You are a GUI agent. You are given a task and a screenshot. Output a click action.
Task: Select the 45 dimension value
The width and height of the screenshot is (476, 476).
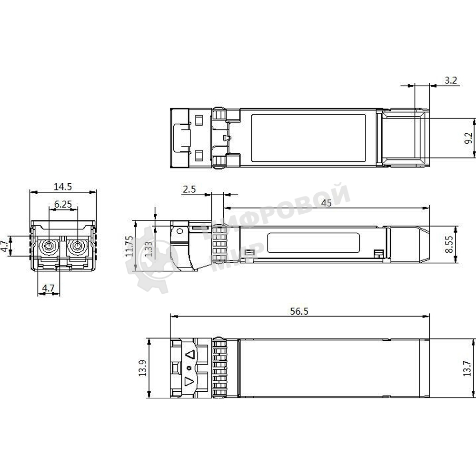click(327, 203)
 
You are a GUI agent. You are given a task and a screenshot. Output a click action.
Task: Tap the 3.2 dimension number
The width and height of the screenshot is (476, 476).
click(450, 80)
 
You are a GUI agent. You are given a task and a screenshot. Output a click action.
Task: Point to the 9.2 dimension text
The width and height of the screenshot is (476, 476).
click(468, 139)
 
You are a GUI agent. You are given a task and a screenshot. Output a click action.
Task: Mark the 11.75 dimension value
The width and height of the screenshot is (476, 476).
click(129, 246)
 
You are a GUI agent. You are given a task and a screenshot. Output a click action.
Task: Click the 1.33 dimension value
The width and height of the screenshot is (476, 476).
click(149, 249)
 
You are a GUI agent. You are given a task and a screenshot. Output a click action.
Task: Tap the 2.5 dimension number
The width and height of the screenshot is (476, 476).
click(189, 189)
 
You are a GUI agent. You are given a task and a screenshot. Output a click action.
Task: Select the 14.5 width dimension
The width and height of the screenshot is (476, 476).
click(63, 187)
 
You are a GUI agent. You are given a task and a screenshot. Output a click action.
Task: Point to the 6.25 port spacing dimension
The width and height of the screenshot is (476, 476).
click(63, 204)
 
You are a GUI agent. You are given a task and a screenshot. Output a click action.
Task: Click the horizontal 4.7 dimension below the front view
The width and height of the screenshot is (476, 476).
click(49, 288)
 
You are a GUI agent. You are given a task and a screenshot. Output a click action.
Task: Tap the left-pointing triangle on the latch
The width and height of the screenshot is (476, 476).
click(190, 355)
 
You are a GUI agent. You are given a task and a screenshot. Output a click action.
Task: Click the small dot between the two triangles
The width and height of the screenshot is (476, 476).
click(189, 368)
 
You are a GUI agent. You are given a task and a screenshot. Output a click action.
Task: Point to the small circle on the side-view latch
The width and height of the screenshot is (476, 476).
click(179, 232)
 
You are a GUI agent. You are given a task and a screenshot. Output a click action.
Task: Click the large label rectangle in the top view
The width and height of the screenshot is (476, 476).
click(307, 138)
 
